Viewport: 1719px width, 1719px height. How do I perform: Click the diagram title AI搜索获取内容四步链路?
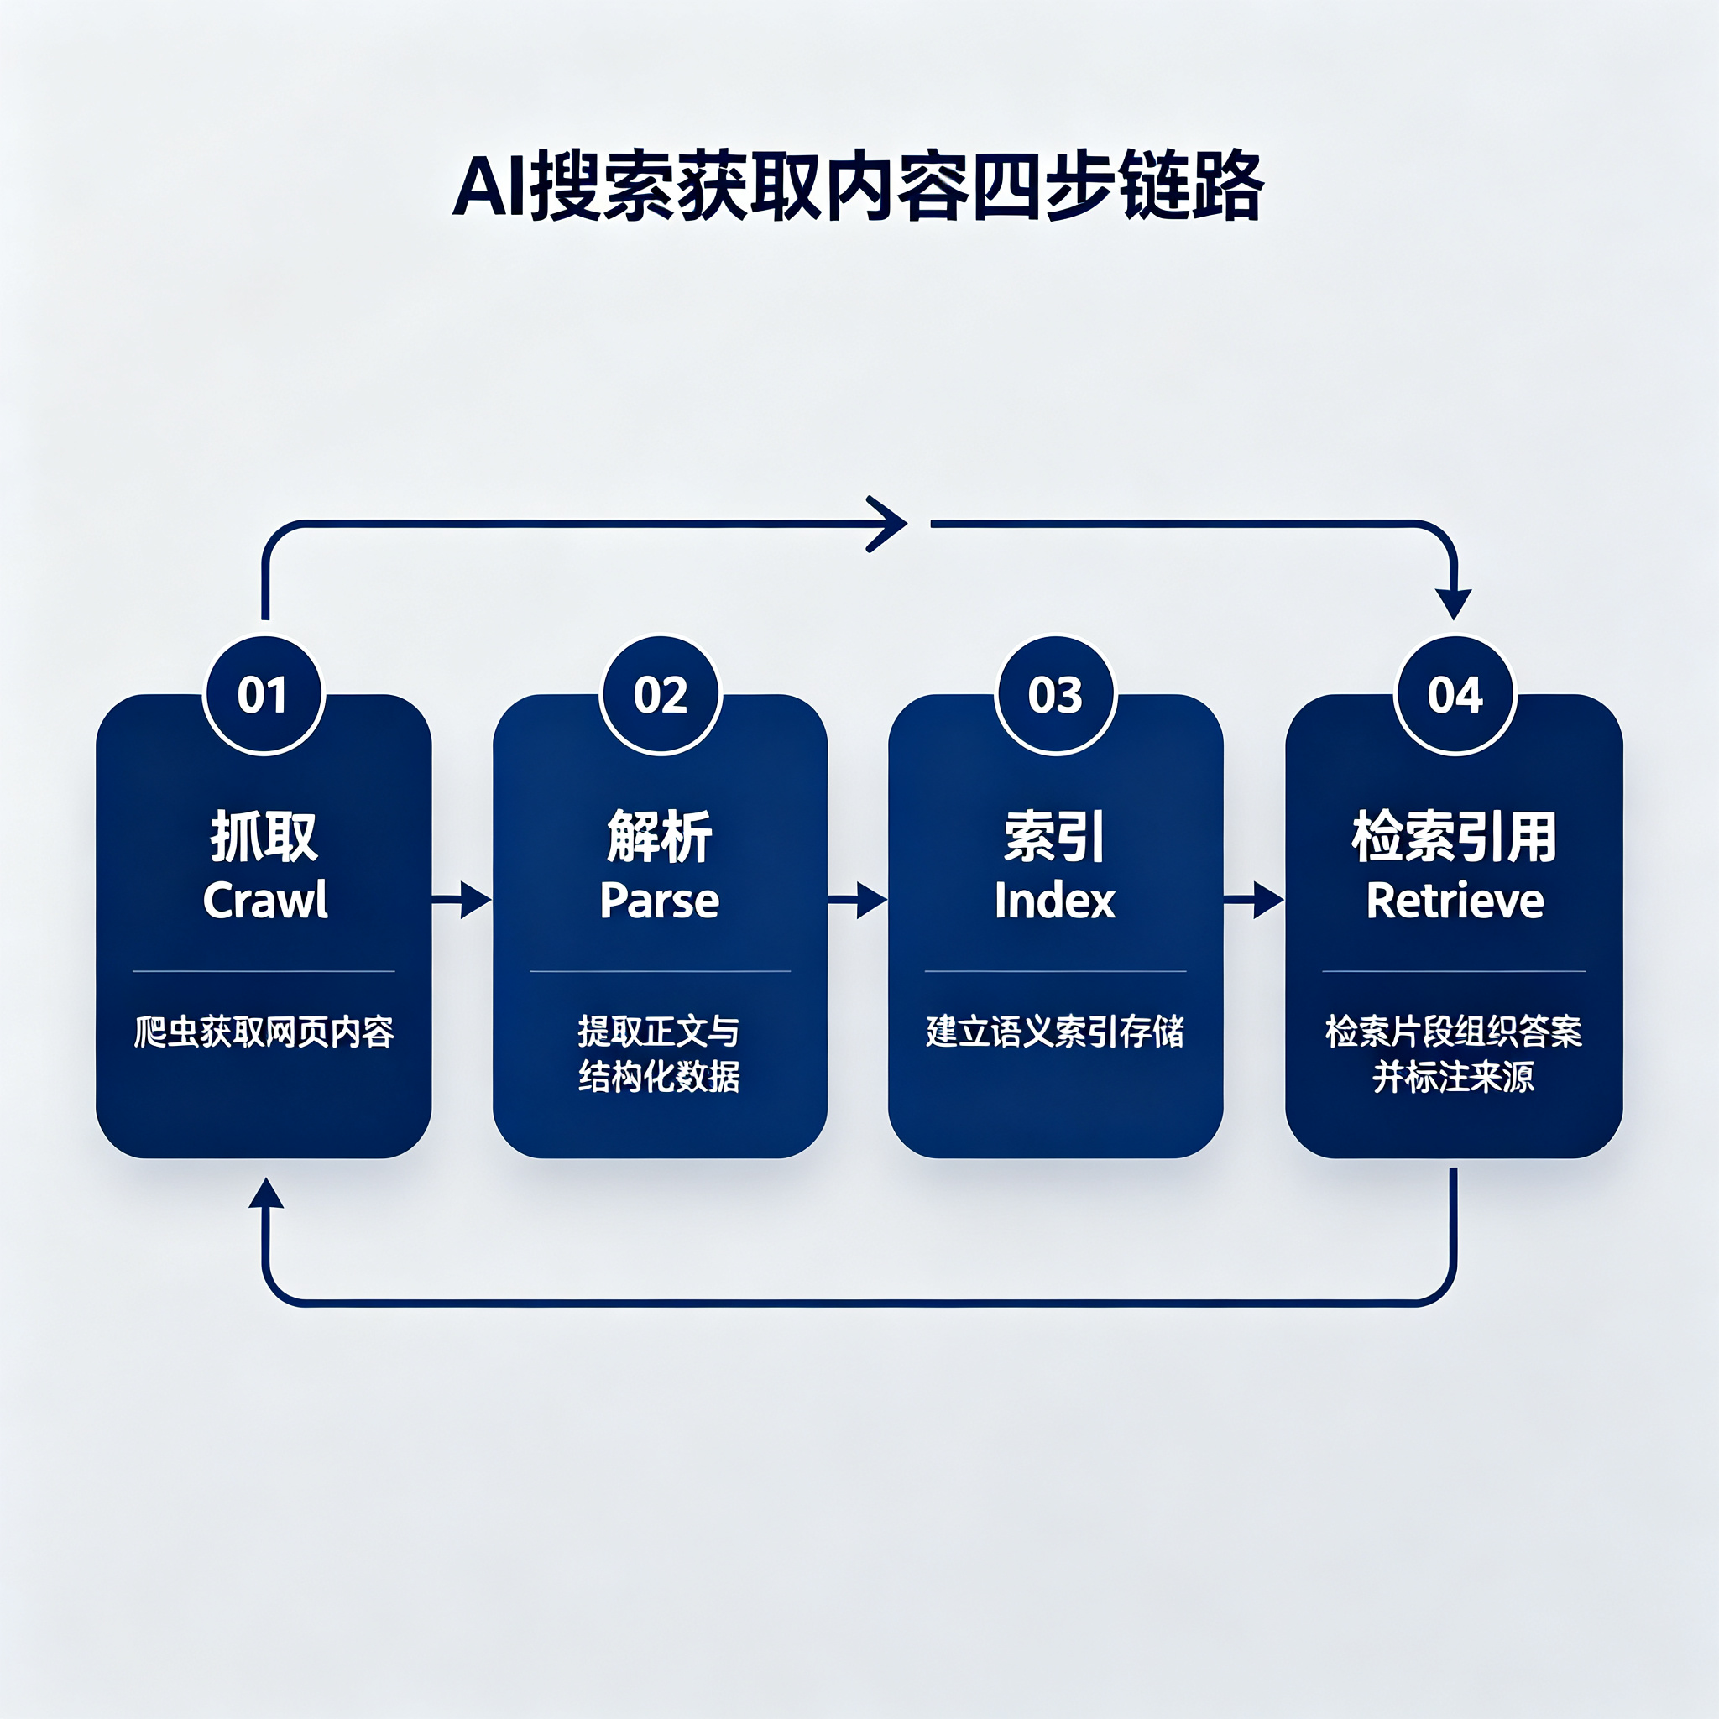click(x=858, y=187)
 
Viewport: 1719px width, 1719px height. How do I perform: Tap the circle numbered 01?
click(x=264, y=695)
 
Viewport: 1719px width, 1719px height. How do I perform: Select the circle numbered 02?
click(x=661, y=695)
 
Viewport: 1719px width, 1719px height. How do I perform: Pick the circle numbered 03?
click(x=1055, y=695)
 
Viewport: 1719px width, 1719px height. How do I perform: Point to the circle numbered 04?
click(x=1455, y=695)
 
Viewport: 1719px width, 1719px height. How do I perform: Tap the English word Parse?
click(x=659, y=901)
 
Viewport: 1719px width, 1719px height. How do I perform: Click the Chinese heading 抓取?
click(x=264, y=836)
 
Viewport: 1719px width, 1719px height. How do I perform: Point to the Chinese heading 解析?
click(x=659, y=836)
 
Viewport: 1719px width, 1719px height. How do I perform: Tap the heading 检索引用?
click(x=1454, y=836)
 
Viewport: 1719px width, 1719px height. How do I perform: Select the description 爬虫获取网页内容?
click(x=264, y=1032)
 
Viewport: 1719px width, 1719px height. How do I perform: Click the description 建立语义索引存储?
click(x=1055, y=1032)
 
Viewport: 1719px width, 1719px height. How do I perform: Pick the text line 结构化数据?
click(x=659, y=1077)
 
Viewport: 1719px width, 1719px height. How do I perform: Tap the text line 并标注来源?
click(x=1454, y=1077)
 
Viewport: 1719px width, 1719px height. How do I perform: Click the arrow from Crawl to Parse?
click(x=462, y=900)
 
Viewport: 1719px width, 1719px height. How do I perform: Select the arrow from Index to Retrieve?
click(x=1254, y=900)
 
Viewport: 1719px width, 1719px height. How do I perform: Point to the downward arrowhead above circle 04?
click(x=1454, y=604)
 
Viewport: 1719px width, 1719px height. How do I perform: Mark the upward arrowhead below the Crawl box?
click(x=266, y=1194)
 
